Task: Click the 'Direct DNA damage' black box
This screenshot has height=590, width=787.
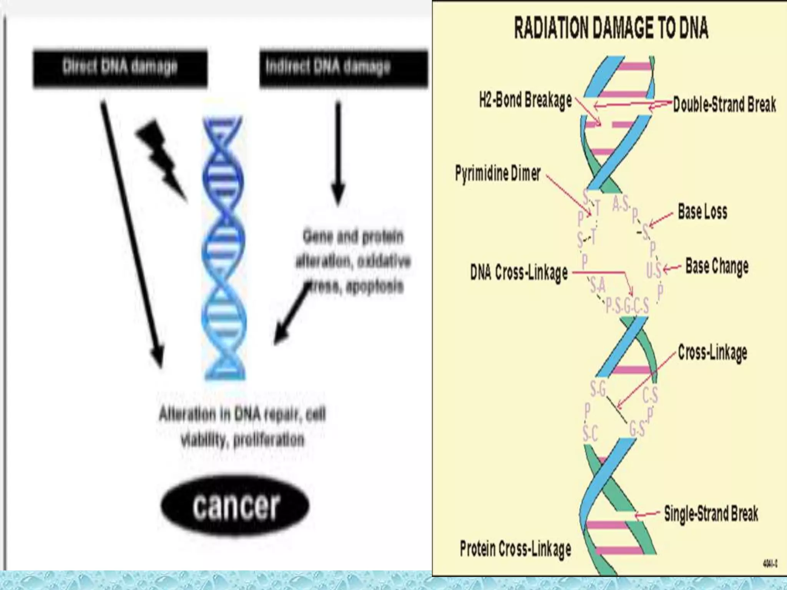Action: tap(120, 68)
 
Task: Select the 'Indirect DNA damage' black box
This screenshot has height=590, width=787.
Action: tap(343, 68)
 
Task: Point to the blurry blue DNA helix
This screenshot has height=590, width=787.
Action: tap(224, 248)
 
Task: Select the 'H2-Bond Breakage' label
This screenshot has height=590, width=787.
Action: tap(525, 101)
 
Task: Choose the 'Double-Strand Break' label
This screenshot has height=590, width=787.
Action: tap(724, 104)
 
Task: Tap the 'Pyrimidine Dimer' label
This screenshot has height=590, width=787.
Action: tap(498, 173)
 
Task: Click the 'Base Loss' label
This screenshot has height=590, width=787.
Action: tap(702, 212)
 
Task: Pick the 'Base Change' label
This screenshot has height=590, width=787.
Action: tap(717, 266)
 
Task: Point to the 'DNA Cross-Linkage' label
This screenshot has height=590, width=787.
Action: tap(519, 272)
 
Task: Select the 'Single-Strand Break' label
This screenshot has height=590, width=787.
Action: tap(711, 514)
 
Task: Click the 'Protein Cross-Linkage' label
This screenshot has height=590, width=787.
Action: tap(515, 548)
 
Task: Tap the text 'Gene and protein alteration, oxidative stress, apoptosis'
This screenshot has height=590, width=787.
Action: tap(353, 261)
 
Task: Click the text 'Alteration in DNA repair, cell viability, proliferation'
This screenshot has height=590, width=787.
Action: tap(242, 426)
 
